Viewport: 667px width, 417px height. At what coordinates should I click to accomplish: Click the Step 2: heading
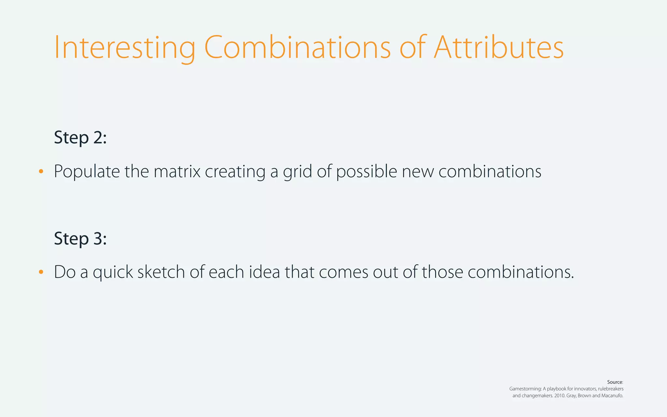pos(80,137)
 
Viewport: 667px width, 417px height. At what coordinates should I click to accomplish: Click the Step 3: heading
pos(80,238)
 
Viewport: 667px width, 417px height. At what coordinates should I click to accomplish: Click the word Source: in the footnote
pos(615,382)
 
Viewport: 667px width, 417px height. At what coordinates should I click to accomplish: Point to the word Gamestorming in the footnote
pos(525,389)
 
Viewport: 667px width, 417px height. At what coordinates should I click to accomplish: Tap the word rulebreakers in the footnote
pos(611,389)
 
